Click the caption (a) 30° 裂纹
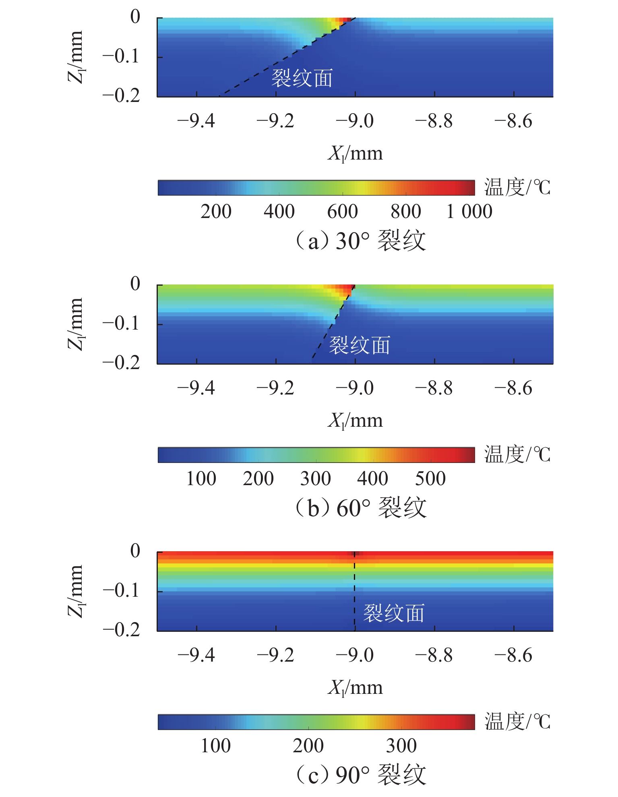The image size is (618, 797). pyautogui.click(x=361, y=241)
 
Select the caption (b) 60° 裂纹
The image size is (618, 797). pyautogui.click(x=361, y=507)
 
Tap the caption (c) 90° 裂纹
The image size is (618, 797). pyautogui.click(x=361, y=774)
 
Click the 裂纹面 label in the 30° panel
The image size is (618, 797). pyautogui.click(x=302, y=78)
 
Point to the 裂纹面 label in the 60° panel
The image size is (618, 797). pyautogui.click(x=360, y=345)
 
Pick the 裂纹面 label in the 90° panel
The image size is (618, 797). pyautogui.click(x=394, y=613)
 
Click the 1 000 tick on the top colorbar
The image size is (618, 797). pyautogui.click(x=469, y=212)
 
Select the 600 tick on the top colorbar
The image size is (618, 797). pyautogui.click(x=342, y=212)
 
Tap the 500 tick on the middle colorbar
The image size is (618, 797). pyautogui.click(x=430, y=479)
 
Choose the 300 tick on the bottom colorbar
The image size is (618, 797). pyautogui.click(x=401, y=746)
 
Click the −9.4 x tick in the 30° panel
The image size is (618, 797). pyautogui.click(x=196, y=121)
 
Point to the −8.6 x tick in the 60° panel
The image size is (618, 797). pyautogui.click(x=513, y=388)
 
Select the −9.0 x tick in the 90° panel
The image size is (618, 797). pyautogui.click(x=355, y=655)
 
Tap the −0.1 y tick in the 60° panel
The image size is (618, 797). pyautogui.click(x=121, y=323)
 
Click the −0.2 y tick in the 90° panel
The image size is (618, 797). pyautogui.click(x=121, y=629)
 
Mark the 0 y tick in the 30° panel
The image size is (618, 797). pyautogui.click(x=135, y=17)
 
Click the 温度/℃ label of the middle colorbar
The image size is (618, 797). pyautogui.click(x=517, y=455)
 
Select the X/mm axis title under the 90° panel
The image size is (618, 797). pyautogui.click(x=355, y=687)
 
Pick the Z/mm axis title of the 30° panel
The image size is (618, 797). pyautogui.click(x=76, y=57)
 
